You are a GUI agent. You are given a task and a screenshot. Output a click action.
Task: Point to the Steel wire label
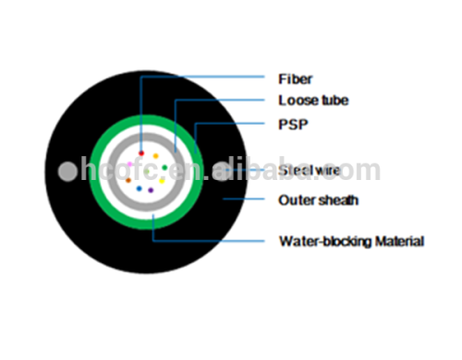point(309,172)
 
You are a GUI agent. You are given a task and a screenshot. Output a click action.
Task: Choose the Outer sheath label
point(318,199)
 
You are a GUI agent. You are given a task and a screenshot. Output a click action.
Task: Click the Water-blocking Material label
point(351,242)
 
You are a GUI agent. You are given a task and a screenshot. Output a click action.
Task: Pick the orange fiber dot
point(155,156)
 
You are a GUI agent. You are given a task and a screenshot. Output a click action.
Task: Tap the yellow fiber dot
point(162,181)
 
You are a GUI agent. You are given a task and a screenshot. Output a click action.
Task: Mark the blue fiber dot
point(139,188)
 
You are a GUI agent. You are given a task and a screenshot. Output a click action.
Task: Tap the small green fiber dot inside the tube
point(164,167)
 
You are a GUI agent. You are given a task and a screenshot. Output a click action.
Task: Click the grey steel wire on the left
point(66,172)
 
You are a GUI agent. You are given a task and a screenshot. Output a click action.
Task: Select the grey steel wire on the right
point(222,172)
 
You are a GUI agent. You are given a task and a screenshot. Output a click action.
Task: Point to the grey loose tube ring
point(112,172)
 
